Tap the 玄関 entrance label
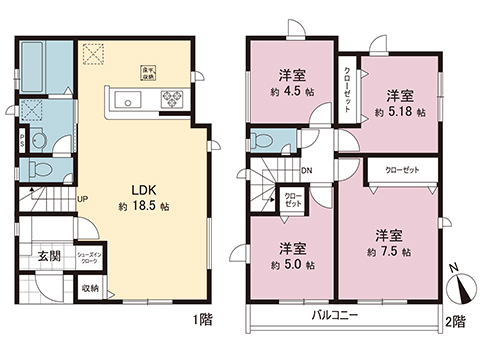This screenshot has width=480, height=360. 34,255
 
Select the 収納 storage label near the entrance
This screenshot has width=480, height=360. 91,289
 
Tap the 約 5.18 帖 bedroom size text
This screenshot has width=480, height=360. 402,112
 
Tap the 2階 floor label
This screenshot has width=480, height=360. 456,322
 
